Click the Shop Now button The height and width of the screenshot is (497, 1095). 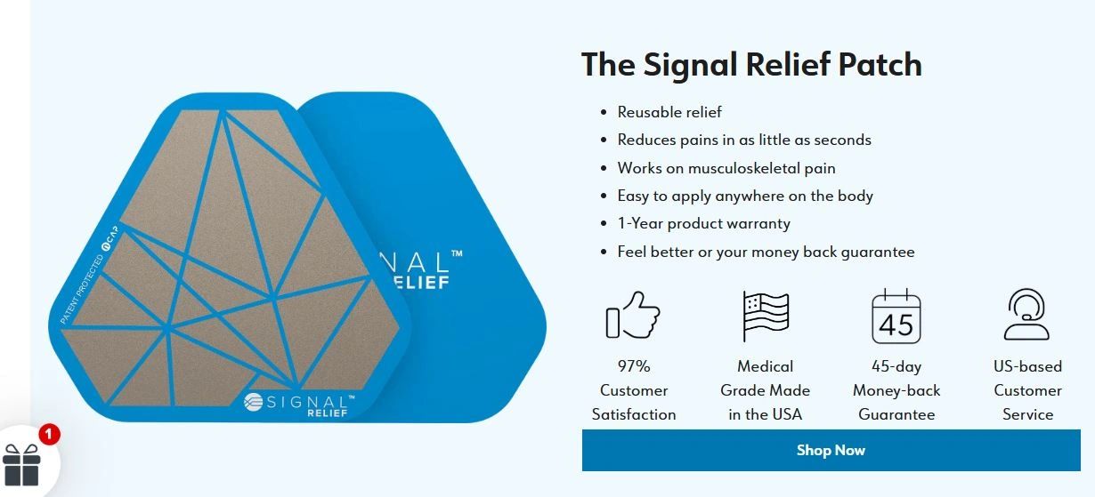pyautogui.click(x=831, y=450)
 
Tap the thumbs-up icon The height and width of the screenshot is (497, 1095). pyautogui.click(x=633, y=316)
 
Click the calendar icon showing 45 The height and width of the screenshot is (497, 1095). pyautogui.click(x=896, y=317)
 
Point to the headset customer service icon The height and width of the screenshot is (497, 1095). pyautogui.click(x=1026, y=315)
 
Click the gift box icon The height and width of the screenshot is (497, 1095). pyautogui.click(x=21, y=465)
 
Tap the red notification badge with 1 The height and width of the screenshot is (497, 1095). pyautogui.click(x=49, y=434)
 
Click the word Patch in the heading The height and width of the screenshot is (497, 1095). pyautogui.click(x=880, y=64)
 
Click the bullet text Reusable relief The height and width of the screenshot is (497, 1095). pyautogui.click(x=669, y=112)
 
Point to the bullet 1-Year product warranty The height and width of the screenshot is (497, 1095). pyautogui.click(x=703, y=223)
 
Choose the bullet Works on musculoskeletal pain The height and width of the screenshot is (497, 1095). pyautogui.click(x=726, y=168)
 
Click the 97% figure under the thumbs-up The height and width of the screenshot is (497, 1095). pyautogui.click(x=634, y=366)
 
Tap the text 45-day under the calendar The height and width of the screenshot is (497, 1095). pyautogui.click(x=896, y=366)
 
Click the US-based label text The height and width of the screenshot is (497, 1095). pyautogui.click(x=1027, y=366)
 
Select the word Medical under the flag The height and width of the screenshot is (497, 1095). pyautogui.click(x=765, y=366)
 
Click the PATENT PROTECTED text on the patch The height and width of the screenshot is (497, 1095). pyautogui.click(x=82, y=289)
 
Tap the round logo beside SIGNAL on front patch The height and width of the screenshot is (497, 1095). pyautogui.click(x=253, y=402)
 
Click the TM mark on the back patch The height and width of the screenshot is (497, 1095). pyautogui.click(x=457, y=253)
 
